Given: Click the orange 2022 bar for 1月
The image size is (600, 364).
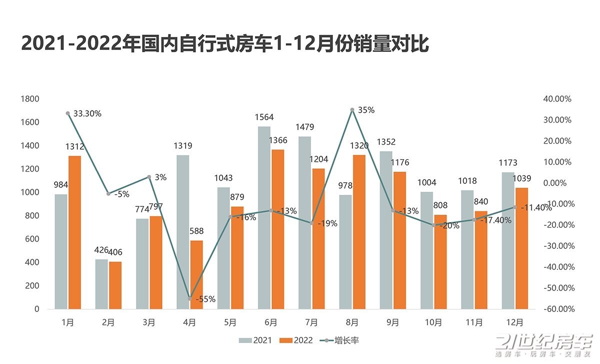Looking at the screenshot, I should [x=74, y=232].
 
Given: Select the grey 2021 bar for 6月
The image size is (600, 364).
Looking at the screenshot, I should [x=264, y=218].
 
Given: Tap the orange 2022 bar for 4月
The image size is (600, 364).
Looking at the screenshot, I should [x=196, y=275].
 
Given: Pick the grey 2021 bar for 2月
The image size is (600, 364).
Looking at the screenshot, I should [x=101, y=284].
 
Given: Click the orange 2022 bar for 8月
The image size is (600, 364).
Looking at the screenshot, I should [x=359, y=232].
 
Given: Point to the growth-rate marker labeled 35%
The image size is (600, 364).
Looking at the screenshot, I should [x=352, y=110].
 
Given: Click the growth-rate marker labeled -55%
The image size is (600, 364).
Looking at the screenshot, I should [x=189, y=299].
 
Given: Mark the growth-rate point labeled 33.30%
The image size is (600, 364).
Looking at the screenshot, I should [x=67, y=114].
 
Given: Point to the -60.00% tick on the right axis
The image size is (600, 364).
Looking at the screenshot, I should [x=556, y=309].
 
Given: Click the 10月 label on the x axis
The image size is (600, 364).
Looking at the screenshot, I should [x=433, y=323].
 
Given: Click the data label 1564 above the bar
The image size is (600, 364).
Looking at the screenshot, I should [x=264, y=117].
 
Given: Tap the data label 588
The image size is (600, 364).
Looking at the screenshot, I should [x=196, y=231].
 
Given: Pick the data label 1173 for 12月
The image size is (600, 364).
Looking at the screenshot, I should [x=507, y=163].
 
